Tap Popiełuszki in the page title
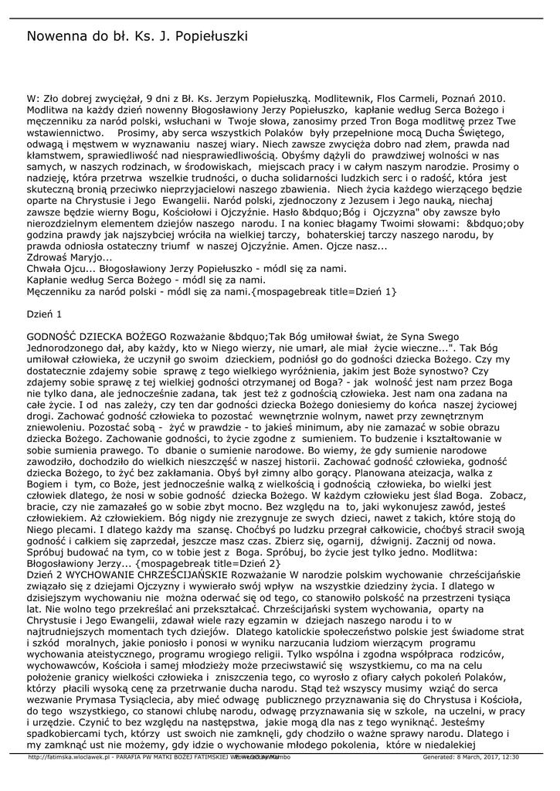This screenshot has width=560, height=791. [208, 36]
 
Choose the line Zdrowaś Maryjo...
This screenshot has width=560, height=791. [70, 257]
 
